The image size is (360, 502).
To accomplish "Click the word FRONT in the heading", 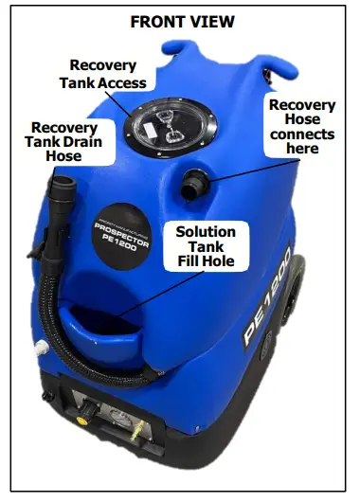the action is click(152, 19).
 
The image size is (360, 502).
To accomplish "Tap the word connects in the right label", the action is click(301, 134).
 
